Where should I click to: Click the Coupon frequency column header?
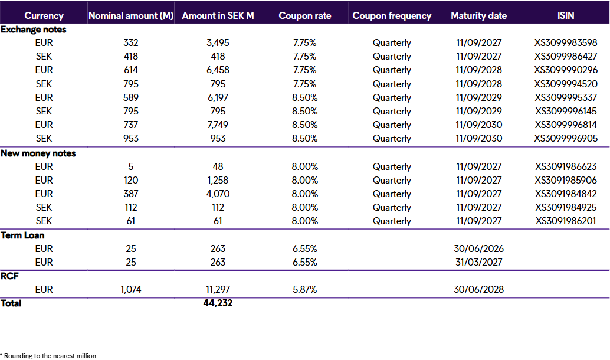[x=392, y=16]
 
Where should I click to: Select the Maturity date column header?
[x=478, y=16]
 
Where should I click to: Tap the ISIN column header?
[x=566, y=16]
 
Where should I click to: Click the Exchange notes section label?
[x=34, y=29]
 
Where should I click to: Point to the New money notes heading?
[x=38, y=153]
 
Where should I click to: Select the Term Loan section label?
[x=23, y=235]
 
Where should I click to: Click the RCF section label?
[x=9, y=276]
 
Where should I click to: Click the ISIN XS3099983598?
[x=566, y=42]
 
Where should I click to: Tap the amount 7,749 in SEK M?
[x=218, y=125]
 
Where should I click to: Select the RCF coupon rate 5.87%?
[x=305, y=289]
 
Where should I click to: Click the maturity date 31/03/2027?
[x=478, y=262]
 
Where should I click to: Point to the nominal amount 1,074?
[x=131, y=289]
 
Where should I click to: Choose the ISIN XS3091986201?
[x=566, y=221]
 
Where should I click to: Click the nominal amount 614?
[x=131, y=70]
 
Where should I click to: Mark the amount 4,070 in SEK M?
[x=218, y=194]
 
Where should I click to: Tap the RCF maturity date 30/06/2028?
[x=478, y=289]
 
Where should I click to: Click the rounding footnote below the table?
[x=48, y=355]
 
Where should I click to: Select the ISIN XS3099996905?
[x=566, y=138]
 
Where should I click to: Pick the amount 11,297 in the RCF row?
[x=218, y=289]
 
